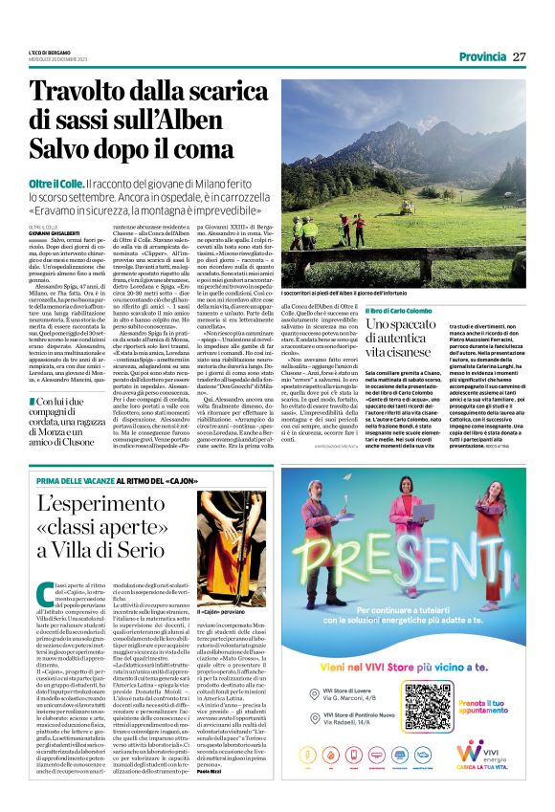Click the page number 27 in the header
pos(520,56)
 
